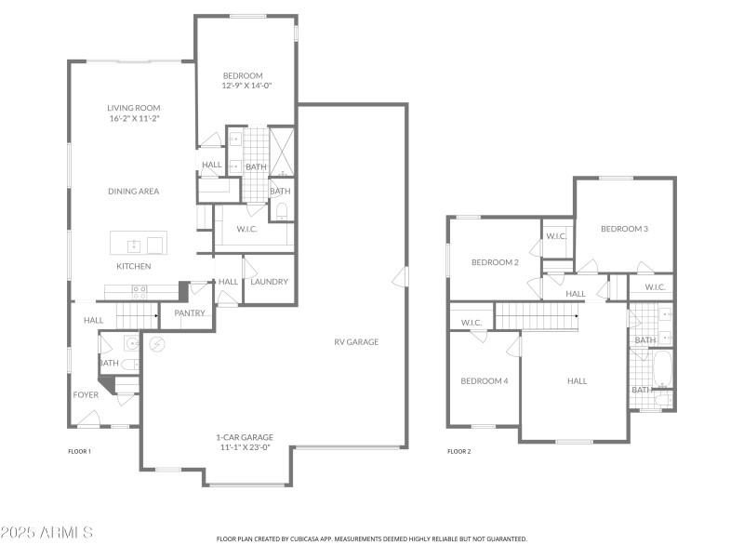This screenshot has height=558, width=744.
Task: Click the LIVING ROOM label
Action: [134, 108]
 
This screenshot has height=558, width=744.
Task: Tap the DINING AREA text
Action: [134, 192]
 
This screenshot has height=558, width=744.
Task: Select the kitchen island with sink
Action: [138, 244]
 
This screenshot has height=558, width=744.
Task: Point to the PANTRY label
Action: [190, 313]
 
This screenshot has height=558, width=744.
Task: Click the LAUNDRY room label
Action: [270, 282]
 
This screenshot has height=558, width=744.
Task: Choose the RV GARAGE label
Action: [356, 342]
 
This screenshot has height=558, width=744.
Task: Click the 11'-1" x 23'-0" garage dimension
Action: [244, 447]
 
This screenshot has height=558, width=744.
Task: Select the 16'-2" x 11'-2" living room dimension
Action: [134, 119]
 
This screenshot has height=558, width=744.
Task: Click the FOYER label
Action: [86, 395]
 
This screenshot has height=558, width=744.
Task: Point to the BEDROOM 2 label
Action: [495, 262]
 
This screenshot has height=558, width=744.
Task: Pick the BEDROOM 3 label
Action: [624, 229]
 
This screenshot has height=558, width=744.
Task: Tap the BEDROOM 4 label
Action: [485, 381]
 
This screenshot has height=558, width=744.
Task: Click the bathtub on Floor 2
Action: [662, 368]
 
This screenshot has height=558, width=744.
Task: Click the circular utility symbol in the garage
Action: [157, 345]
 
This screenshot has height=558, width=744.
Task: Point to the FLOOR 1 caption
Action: [80, 452]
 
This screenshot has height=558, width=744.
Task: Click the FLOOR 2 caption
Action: [459, 452]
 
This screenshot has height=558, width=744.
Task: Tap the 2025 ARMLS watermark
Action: [46, 533]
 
